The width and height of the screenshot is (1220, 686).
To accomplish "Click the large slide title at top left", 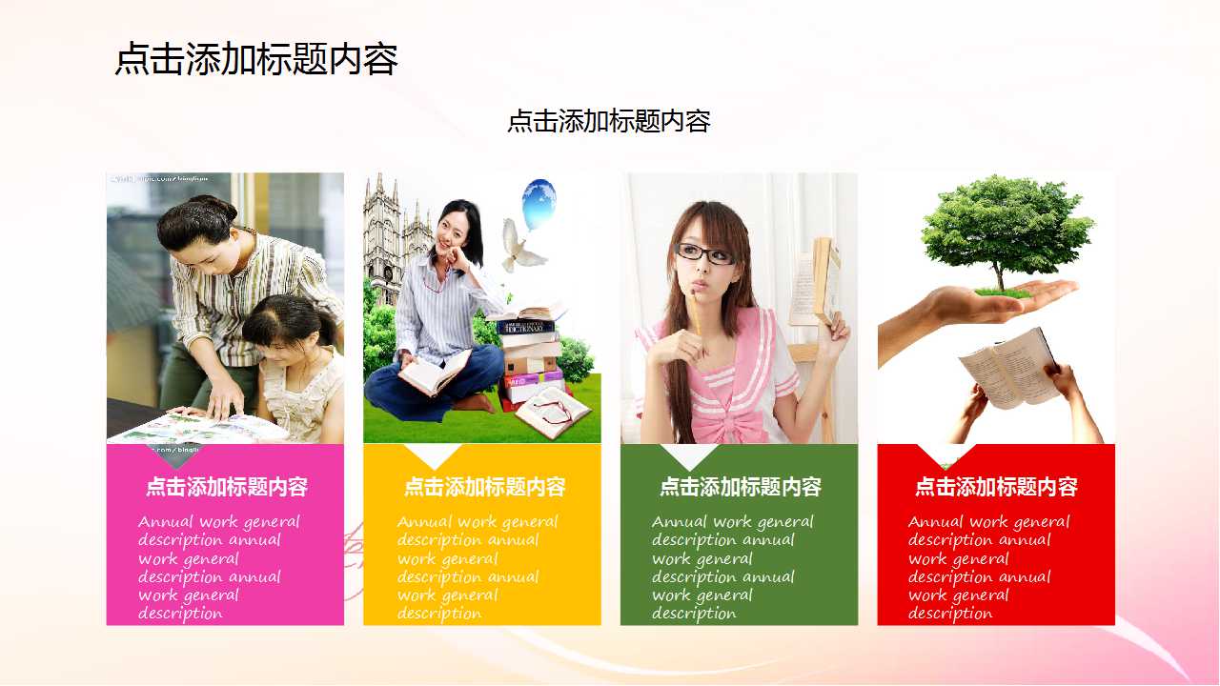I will [255, 59].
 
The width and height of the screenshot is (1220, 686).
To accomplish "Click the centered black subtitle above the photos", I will [608, 122].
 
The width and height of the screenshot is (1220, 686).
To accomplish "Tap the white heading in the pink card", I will [226, 487].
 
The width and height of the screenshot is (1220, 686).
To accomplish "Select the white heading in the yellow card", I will [484, 487].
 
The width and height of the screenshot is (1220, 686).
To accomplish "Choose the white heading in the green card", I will [740, 487].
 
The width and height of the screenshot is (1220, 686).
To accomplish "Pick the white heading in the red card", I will [996, 487].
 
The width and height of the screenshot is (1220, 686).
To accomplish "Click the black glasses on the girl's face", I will [704, 253].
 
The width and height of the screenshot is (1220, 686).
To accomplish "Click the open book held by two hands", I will [1006, 367].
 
